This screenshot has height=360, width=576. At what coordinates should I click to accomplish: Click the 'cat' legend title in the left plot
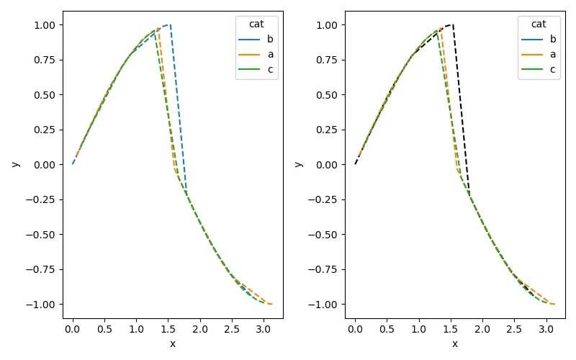click(256, 24)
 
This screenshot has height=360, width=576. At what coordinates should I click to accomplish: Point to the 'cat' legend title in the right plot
click(539, 24)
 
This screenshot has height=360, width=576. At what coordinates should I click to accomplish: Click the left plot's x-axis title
click(173, 343)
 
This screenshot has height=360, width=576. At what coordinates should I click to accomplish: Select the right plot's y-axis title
click(298, 164)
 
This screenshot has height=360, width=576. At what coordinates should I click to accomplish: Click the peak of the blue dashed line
click(169, 25)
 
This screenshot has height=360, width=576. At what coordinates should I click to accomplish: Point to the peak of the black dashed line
click(451, 25)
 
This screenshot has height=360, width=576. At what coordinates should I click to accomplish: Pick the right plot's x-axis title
click(455, 343)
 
